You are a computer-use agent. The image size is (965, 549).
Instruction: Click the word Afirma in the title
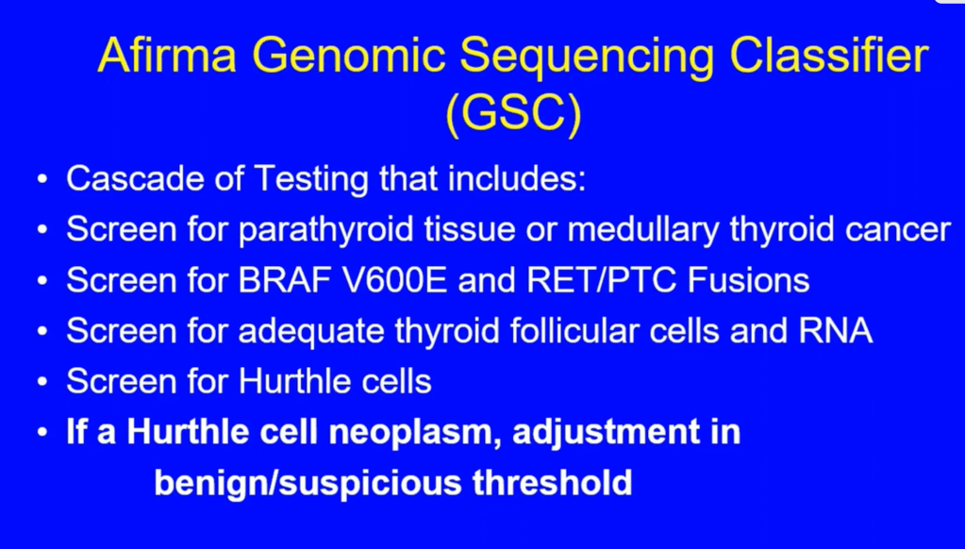tap(167, 55)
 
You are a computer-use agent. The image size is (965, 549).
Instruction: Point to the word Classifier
tap(829, 55)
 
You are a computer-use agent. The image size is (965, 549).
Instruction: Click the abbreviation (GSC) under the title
tap(513, 114)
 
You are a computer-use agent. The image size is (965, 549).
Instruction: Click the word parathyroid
tap(325, 230)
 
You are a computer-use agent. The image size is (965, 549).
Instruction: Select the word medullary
tap(642, 230)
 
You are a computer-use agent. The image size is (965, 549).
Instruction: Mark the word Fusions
tap(748, 281)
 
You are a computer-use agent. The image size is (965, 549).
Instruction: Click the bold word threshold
tap(553, 482)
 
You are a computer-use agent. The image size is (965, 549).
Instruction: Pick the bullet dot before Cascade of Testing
tap(42, 180)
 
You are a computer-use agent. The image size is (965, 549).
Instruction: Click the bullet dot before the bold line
tap(42, 433)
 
